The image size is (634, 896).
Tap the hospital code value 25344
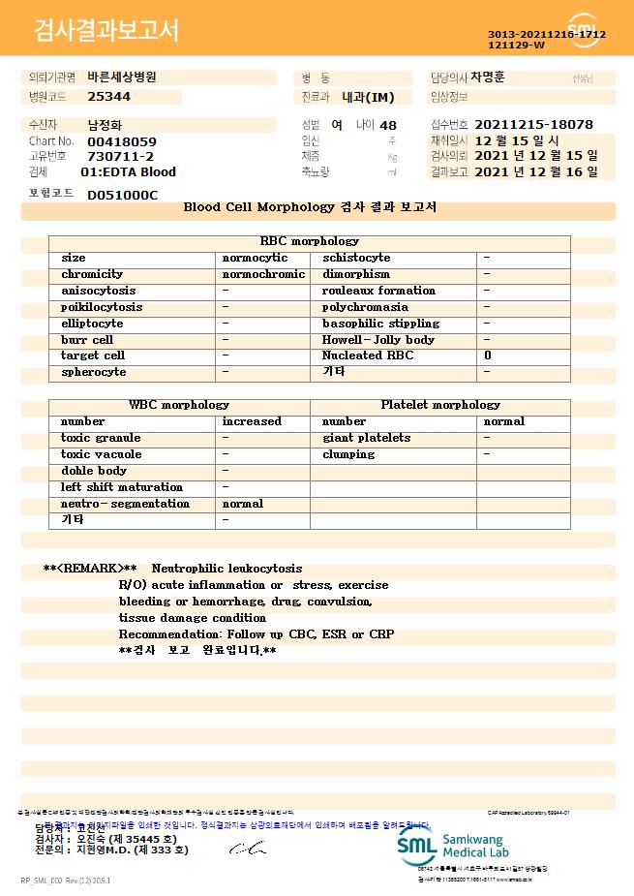pos(108,97)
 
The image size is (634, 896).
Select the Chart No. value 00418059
pos(121,141)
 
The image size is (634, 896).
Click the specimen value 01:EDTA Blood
pos(128,171)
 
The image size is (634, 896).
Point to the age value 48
pos(388,125)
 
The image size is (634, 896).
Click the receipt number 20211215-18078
pos(533,125)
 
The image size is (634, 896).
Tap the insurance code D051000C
pos(122,195)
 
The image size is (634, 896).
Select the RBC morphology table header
pos(310,241)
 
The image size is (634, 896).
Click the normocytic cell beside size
pos(255,258)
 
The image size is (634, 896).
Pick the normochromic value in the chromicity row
pos(263,274)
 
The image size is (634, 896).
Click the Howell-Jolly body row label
pos(377,340)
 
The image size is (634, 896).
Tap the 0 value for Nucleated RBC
pos(487,355)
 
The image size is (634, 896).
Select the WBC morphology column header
pos(179,405)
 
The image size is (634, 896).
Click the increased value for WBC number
pos(252,421)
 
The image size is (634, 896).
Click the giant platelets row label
pos(366,438)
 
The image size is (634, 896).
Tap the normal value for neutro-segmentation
pos(242,504)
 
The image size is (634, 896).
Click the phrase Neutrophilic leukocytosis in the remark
pos(226,569)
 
